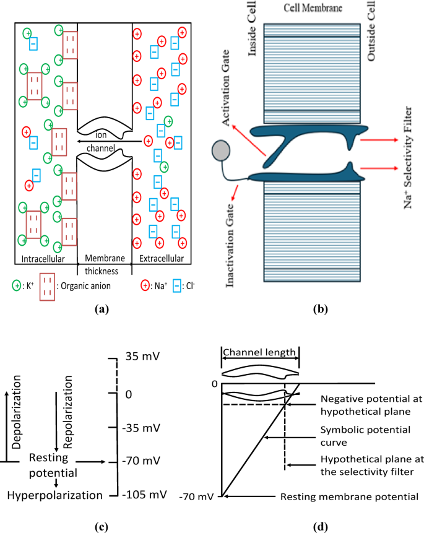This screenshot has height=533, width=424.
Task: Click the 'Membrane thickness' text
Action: [105, 264]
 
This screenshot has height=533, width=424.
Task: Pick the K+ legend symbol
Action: [17, 286]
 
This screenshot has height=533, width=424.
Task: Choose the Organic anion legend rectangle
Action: [50, 286]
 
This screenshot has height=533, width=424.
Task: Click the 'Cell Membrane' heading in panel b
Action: [307, 10]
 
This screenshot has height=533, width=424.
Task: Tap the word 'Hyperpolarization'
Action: [54, 495]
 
